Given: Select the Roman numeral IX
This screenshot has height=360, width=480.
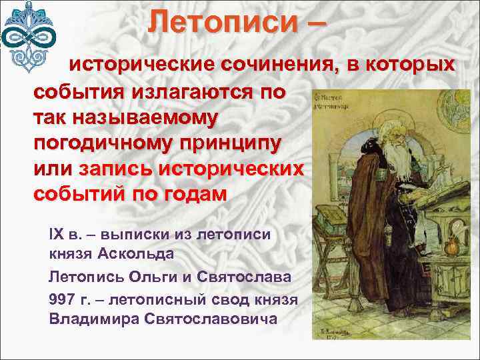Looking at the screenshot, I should (56, 236).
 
